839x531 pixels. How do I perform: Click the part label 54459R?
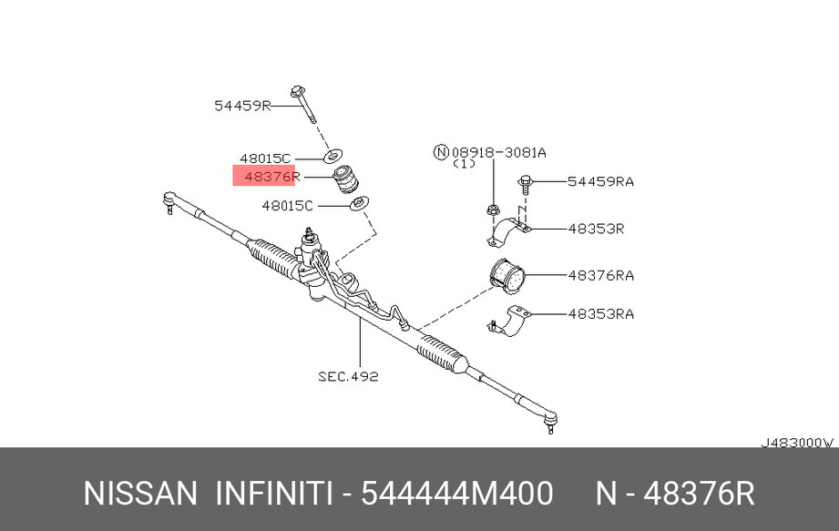[242, 106]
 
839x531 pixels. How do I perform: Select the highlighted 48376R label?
[272, 176]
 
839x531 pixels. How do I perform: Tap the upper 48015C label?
[265, 158]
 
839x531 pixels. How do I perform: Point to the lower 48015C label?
[287, 205]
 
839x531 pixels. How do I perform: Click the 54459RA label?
[600, 182]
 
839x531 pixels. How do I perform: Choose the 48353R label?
[596, 229]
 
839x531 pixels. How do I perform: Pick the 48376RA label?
[600, 275]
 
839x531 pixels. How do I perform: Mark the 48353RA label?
[600, 314]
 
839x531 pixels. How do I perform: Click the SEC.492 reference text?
[348, 376]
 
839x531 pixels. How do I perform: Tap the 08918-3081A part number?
[498, 153]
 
